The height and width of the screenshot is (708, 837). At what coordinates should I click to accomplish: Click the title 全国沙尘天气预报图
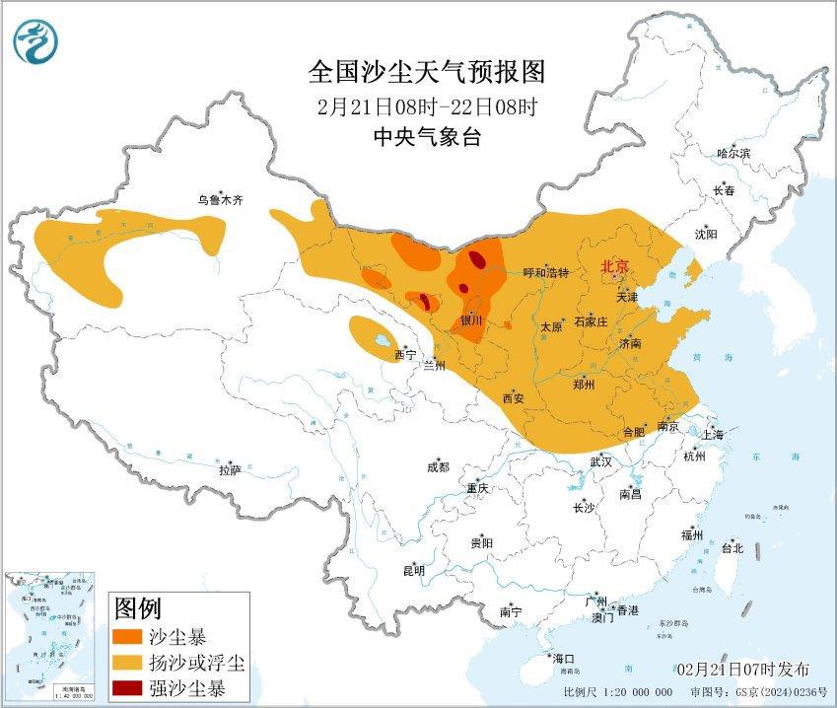(x=426, y=72)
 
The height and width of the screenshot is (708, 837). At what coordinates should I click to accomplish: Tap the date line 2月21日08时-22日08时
(x=426, y=106)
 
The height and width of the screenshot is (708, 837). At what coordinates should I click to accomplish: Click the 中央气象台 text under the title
(x=426, y=137)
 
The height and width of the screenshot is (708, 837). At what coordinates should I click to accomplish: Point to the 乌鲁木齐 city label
(x=220, y=199)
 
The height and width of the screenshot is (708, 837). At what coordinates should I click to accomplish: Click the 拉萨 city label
(x=230, y=470)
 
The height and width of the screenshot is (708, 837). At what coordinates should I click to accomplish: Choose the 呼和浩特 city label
(x=545, y=273)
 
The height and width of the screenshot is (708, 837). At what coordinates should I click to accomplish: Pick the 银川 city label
(x=471, y=320)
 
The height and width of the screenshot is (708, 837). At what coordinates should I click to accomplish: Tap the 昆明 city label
(x=414, y=570)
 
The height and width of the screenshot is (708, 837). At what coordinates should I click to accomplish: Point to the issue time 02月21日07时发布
(x=748, y=671)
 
